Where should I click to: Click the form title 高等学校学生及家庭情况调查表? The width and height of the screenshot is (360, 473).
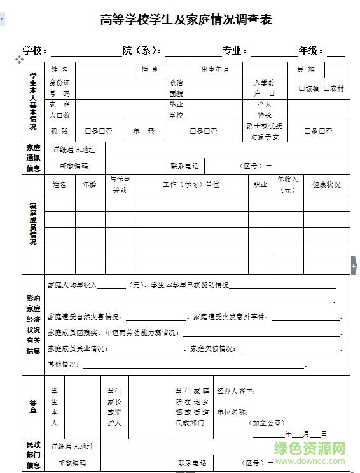(x=186, y=20)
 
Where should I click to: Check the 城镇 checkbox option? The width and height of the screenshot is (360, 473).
(x=309, y=89)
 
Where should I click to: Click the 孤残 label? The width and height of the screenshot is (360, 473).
(x=59, y=131)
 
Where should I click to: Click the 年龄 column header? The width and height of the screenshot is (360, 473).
(x=90, y=185)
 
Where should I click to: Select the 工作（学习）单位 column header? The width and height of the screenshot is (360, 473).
(x=191, y=185)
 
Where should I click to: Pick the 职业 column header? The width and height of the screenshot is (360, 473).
(x=260, y=185)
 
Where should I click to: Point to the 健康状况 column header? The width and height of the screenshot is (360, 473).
(x=326, y=185)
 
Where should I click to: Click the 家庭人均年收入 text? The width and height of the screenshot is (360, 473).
(x=73, y=285)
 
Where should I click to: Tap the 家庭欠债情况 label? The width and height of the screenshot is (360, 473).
(x=213, y=349)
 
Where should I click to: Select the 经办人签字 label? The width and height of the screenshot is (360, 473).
(x=236, y=391)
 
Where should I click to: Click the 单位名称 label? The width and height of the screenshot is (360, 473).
(x=233, y=412)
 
